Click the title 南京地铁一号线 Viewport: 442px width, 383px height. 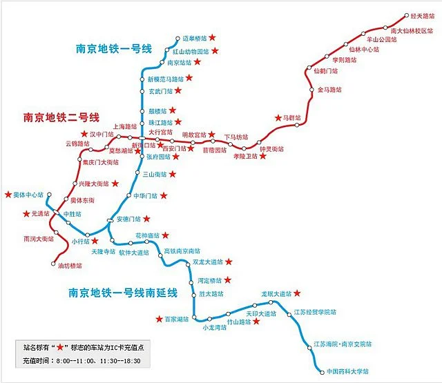119,49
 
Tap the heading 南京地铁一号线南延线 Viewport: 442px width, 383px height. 123,293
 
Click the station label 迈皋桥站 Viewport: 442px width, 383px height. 194,39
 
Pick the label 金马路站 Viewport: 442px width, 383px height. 329,90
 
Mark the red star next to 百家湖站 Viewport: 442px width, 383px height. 158,319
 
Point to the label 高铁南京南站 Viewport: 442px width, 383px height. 182,251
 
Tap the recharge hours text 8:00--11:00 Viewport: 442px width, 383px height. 79,360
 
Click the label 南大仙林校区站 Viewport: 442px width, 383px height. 412,30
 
